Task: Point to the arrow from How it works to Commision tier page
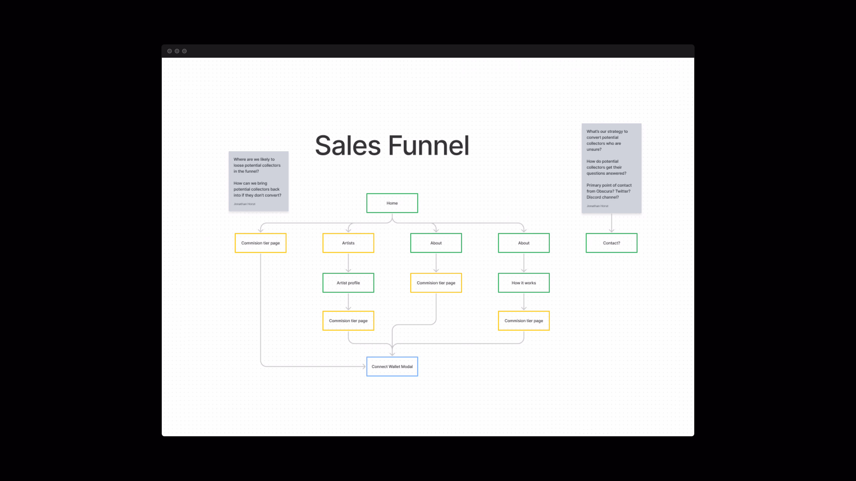point(524,302)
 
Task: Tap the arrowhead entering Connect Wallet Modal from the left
point(364,366)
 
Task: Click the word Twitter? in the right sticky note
point(622,191)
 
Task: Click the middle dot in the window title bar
point(177,51)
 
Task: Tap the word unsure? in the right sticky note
point(594,149)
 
